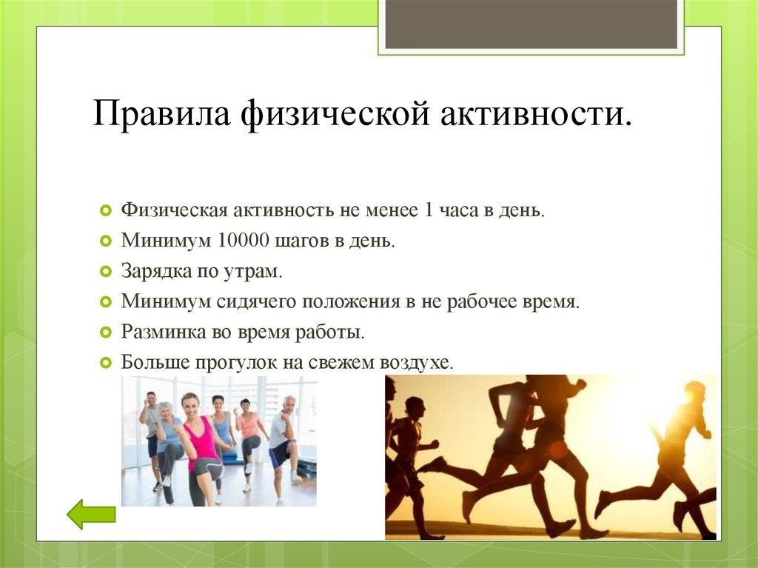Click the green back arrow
(91, 514)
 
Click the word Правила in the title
(161, 114)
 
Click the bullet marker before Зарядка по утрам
(106, 272)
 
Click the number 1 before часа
(429, 210)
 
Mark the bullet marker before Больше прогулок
(106, 362)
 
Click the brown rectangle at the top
(531, 24)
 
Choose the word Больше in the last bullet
(155, 362)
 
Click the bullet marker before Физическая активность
(106, 211)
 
